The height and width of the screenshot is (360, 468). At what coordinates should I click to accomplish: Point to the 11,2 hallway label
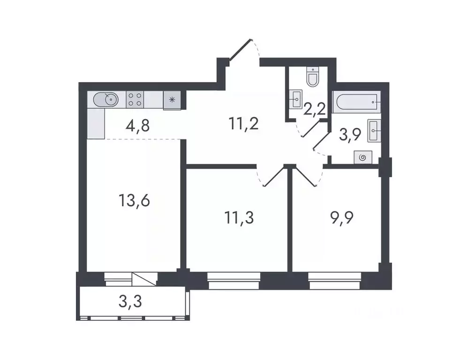point(244,124)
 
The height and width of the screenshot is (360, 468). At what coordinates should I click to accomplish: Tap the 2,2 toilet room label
point(314,111)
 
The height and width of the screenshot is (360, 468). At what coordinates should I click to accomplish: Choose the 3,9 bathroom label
point(350,135)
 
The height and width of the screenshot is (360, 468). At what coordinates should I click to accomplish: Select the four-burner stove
point(135,99)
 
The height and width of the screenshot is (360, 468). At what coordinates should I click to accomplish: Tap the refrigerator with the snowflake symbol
point(172,100)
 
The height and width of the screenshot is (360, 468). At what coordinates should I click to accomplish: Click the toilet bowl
point(312,77)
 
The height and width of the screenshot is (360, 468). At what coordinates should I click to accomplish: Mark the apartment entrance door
point(244,49)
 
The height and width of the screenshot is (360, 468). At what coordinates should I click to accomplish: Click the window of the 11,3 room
point(234,281)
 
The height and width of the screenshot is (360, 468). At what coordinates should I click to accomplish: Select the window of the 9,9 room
point(334,281)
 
